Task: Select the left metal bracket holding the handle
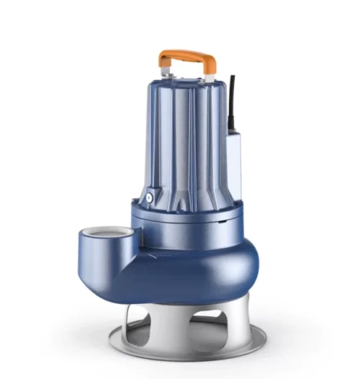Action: coord(166,74)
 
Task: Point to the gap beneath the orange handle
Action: coord(187,66)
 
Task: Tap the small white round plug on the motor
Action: coord(150,195)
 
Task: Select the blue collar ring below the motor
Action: coord(187,220)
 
